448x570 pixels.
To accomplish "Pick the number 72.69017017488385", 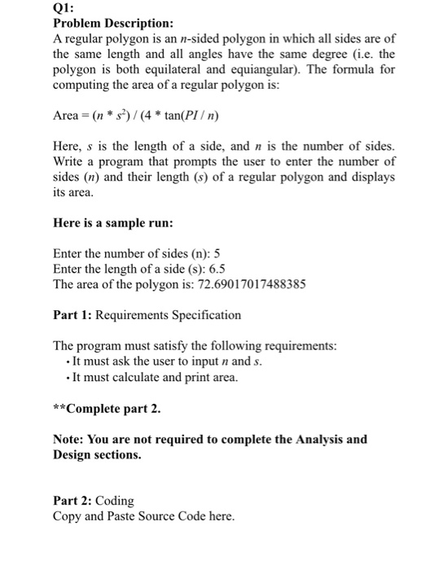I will [233, 284].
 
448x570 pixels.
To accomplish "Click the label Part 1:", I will [71, 314].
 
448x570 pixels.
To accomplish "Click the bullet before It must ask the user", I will [67, 362].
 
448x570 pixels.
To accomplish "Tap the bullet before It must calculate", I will [67, 377].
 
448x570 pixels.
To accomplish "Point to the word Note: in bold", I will [71, 439].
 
